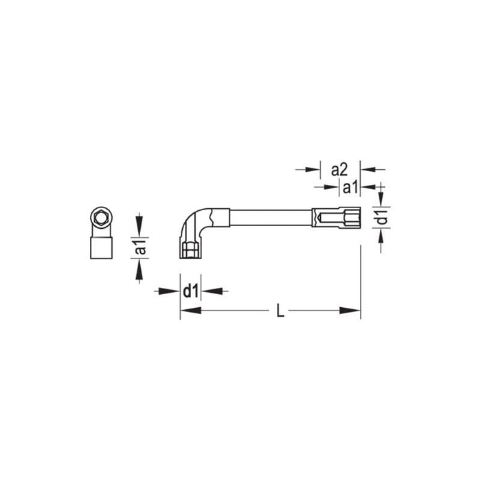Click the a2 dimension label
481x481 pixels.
point(341,169)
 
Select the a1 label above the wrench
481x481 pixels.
point(348,186)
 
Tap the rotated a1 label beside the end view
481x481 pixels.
point(140,247)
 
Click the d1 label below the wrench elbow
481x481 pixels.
point(190,291)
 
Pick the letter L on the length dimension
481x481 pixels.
point(279,312)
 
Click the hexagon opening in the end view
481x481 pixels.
point(101,219)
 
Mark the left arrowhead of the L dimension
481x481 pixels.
point(187,312)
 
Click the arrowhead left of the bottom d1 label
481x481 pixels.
point(173,291)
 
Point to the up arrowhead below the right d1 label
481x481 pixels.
point(383,236)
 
